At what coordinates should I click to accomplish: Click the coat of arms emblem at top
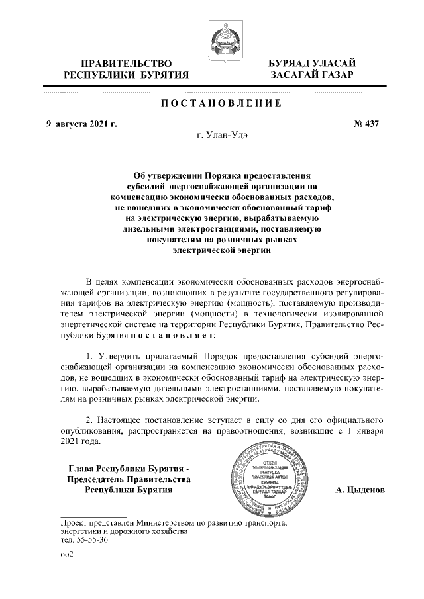(x=220, y=38)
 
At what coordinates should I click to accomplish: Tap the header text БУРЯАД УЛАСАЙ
(x=311, y=63)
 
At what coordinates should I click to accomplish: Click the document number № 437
(x=366, y=124)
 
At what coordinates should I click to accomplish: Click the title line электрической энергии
(x=213, y=251)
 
